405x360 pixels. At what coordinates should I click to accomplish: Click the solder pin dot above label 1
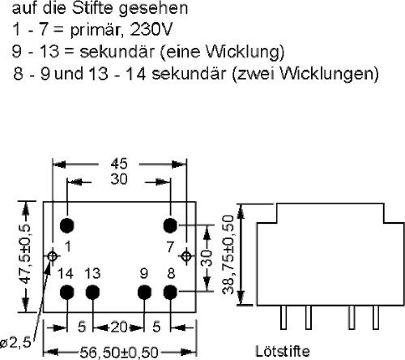(67, 225)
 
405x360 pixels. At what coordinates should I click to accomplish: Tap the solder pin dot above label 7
(170, 225)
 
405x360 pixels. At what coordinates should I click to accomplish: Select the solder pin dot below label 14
(67, 293)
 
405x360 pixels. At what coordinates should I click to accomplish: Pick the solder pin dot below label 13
(92, 293)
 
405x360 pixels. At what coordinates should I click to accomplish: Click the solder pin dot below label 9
(144, 293)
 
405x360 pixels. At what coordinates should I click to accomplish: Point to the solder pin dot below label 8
(170, 293)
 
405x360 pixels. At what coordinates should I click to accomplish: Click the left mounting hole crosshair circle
(53, 255)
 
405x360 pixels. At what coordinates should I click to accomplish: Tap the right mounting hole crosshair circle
(186, 255)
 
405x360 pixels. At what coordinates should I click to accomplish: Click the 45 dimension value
(119, 164)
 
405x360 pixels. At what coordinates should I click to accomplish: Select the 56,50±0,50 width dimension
(119, 353)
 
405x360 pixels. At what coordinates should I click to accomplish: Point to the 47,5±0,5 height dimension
(26, 255)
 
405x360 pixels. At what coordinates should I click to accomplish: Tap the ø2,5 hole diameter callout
(15, 343)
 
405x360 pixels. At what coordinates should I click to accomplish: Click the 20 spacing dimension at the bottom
(119, 328)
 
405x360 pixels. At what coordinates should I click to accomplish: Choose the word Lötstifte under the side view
(283, 351)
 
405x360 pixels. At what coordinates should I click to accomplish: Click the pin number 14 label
(66, 273)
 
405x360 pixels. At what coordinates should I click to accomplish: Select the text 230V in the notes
(151, 29)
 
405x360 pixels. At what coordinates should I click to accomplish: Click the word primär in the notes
(95, 30)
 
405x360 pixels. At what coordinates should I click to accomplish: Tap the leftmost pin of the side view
(283, 317)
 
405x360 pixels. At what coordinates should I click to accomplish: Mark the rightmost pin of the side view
(376, 317)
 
